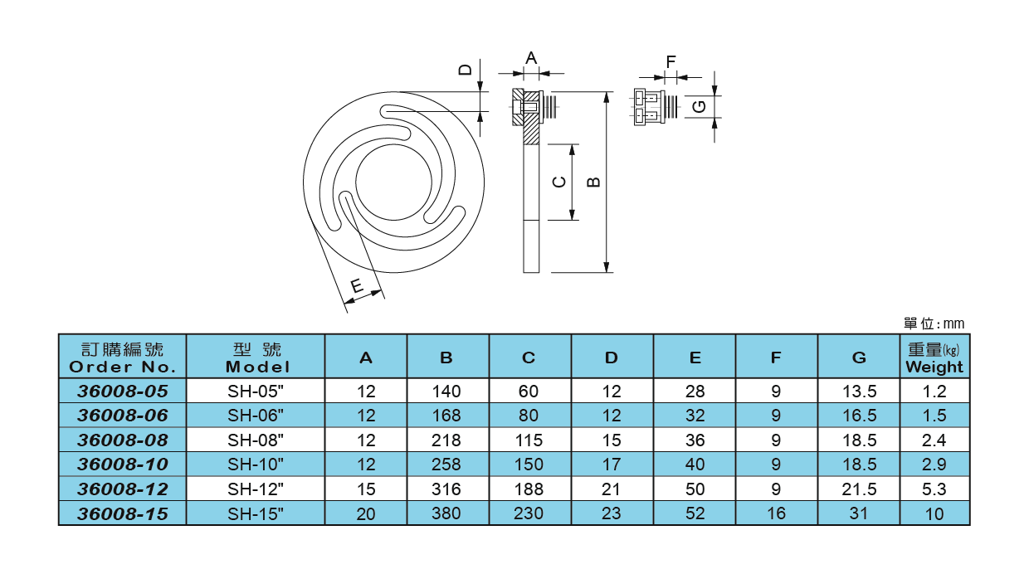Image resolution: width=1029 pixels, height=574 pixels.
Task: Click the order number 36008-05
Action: click(122, 391)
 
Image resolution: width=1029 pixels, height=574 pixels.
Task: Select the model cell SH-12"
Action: click(256, 489)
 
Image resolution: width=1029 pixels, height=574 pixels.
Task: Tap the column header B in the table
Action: click(446, 358)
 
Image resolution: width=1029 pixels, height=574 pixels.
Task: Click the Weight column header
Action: click(934, 358)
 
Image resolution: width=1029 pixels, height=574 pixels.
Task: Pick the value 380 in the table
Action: click(446, 513)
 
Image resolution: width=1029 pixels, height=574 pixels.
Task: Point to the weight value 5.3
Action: click(934, 489)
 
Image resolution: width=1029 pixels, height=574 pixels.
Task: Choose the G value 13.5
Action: click(859, 391)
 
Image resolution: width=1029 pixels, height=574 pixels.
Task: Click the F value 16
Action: click(776, 513)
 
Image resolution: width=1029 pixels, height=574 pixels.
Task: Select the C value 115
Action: click(529, 440)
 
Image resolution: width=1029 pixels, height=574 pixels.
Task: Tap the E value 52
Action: click(695, 513)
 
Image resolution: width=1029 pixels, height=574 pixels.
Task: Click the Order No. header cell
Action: click(122, 358)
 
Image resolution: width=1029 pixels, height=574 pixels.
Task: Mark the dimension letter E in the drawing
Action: click(356, 287)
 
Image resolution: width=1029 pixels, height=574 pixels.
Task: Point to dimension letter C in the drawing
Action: click(560, 182)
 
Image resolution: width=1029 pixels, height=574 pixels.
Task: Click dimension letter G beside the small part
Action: click(700, 106)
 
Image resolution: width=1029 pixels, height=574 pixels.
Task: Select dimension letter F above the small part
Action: click(671, 61)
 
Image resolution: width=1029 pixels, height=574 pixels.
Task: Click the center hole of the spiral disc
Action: click(394, 179)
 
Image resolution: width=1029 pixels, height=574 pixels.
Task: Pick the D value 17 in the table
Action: click(611, 465)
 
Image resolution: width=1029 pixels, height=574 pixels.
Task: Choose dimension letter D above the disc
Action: click(466, 69)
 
